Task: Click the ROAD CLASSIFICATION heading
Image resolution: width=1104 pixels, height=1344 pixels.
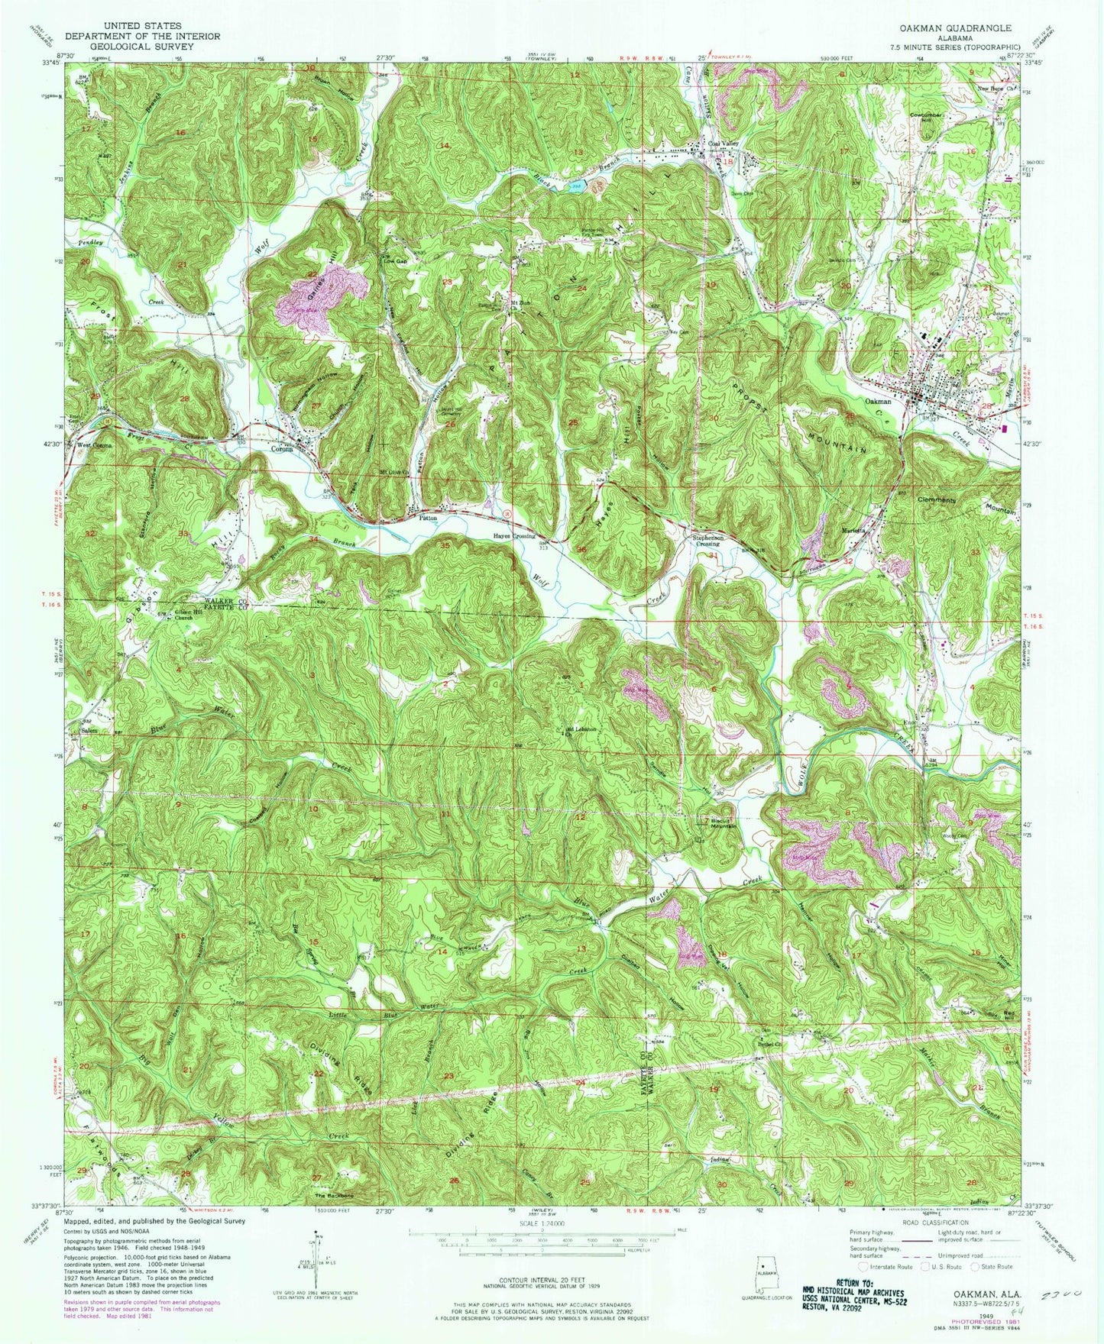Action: [933, 1243]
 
